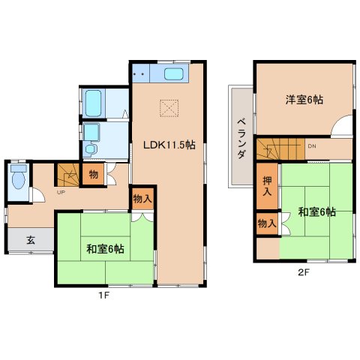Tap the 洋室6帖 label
[304, 100]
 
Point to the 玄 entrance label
[31, 240]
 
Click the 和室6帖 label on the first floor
[105, 248]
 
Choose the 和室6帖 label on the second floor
[316, 212]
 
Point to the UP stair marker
[61, 191]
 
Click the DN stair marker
[312, 146]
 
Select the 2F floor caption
[303, 272]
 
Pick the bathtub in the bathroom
[95, 101]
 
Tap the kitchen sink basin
[172, 74]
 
